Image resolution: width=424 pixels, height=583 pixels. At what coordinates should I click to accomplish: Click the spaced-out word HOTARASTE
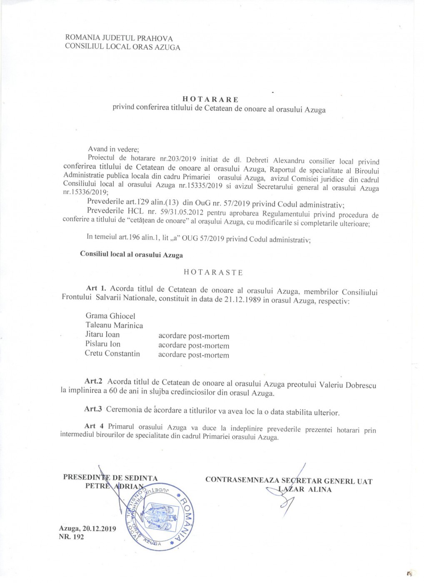click(x=213, y=272)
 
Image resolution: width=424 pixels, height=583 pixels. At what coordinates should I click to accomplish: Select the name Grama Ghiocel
click(x=110, y=316)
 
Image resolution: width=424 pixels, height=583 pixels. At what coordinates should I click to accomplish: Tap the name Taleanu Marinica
click(x=114, y=326)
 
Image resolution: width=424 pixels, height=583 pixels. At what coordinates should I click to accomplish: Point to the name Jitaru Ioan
click(x=102, y=334)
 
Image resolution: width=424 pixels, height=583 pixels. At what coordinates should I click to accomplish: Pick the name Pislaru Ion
click(x=103, y=344)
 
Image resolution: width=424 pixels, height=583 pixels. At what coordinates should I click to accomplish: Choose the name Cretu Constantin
click(x=112, y=354)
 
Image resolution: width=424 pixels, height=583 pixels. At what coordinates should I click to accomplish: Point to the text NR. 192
click(x=71, y=537)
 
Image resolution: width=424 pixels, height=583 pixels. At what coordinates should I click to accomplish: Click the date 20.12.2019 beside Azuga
click(x=99, y=528)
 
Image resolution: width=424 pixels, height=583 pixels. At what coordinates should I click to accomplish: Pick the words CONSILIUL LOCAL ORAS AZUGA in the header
click(x=122, y=47)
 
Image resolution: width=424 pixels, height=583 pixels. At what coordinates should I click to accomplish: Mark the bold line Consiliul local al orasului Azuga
click(x=131, y=254)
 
